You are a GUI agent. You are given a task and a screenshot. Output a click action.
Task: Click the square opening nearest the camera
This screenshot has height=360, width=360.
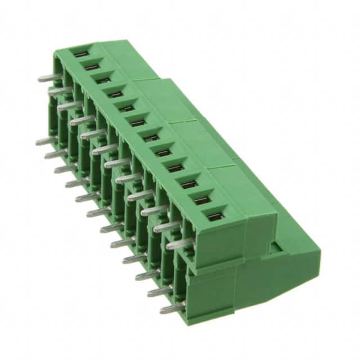coord(215,216)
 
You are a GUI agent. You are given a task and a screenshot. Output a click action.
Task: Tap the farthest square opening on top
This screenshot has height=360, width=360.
coord(80,53)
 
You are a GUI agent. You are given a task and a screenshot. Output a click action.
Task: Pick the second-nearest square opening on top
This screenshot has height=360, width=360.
coord(202,200)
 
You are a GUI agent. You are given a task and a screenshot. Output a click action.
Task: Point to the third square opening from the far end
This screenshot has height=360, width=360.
coord(103,80)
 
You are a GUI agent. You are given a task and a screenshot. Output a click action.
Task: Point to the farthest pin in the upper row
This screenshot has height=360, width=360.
coord(49,78)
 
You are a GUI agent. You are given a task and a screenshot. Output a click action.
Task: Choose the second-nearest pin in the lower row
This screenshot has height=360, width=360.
coord(158,292)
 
